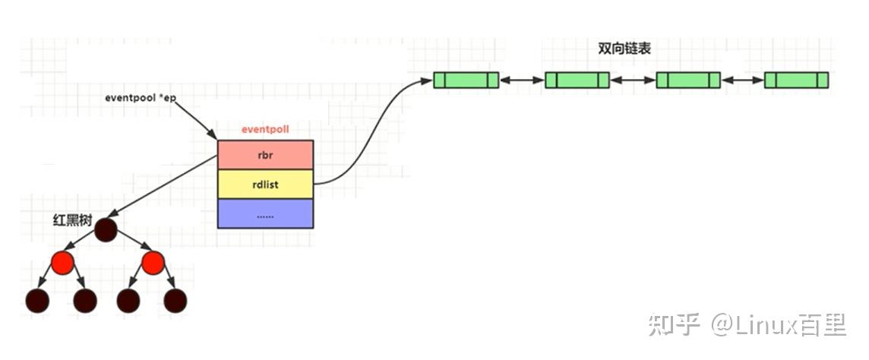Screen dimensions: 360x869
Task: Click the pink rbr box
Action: [x=265, y=155]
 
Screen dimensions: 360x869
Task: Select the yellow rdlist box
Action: [x=265, y=184]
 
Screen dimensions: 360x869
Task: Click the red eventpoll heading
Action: [x=265, y=130]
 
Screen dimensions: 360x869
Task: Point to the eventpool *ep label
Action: [x=141, y=99]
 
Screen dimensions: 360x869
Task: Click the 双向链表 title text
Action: [x=624, y=49]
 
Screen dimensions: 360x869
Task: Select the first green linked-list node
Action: [x=466, y=80]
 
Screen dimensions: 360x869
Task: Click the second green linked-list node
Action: [x=577, y=80]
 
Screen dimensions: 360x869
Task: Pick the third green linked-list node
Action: [x=687, y=80]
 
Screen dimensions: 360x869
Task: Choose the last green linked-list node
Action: [x=796, y=80]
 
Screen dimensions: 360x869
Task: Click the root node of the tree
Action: [x=106, y=229]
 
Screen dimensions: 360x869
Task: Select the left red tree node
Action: [x=62, y=264]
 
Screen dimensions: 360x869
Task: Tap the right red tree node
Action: [x=153, y=264]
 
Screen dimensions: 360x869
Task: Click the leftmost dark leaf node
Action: [x=36, y=301]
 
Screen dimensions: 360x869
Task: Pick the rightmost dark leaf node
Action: [x=175, y=301]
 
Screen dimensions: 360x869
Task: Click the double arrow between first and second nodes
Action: [x=522, y=80]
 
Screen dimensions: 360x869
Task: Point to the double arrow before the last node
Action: [x=742, y=80]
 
